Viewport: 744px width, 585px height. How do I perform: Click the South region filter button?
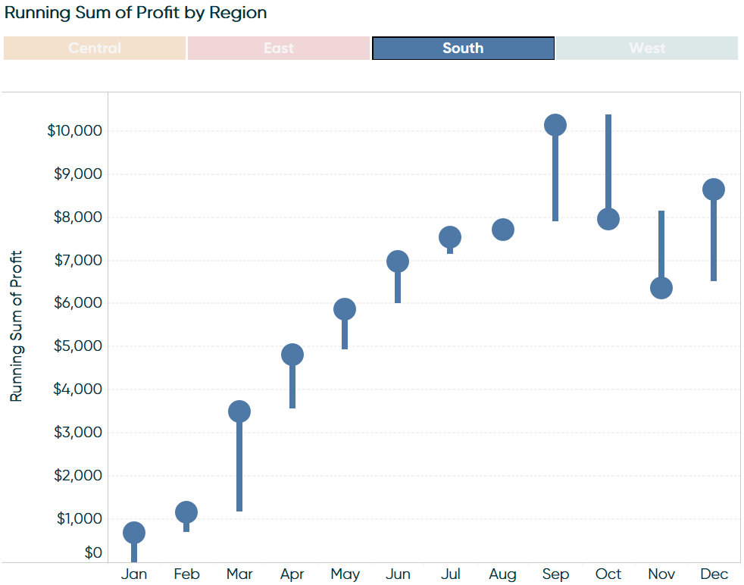click(x=463, y=48)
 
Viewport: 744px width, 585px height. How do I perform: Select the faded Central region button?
click(x=95, y=48)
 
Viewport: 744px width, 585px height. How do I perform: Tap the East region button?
click(x=279, y=48)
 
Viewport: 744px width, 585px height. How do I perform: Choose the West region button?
click(x=647, y=48)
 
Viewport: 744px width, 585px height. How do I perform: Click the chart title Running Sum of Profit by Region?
click(x=136, y=13)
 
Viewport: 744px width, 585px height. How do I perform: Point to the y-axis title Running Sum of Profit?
click(x=16, y=326)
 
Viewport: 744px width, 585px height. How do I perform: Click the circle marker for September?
click(x=555, y=125)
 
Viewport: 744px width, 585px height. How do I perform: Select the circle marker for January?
click(x=134, y=533)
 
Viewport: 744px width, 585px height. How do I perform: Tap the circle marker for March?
click(x=239, y=411)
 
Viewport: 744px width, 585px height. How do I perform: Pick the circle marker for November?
click(x=661, y=288)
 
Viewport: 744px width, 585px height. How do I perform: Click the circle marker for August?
click(x=503, y=230)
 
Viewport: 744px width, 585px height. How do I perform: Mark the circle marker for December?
click(x=714, y=189)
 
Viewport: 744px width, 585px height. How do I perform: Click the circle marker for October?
click(x=608, y=219)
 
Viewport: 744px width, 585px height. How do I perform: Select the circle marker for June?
click(x=398, y=261)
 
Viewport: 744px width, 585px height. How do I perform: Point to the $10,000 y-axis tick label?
click(x=74, y=130)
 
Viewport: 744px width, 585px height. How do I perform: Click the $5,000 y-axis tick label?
click(x=77, y=346)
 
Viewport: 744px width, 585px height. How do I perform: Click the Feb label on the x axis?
click(x=186, y=574)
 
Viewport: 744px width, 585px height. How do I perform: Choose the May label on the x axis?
click(x=345, y=574)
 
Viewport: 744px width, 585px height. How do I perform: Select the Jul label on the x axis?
click(x=450, y=574)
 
